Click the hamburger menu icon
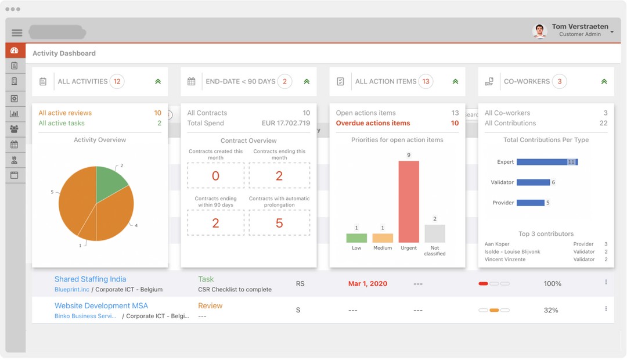pos(17,33)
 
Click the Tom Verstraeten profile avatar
pos(539,31)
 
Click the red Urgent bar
pos(409,201)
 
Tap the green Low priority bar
pos(356,237)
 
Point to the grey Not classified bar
pos(435,233)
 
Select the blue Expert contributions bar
pos(546,162)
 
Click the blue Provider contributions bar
pos(530,203)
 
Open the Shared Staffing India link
pos(90,279)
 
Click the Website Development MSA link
pos(101,305)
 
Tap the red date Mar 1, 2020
pos(367,284)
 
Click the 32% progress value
pos(551,310)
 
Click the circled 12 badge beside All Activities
pos(117,82)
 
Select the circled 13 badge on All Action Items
pos(426,82)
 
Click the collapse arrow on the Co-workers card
pos(604,82)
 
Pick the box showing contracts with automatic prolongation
pos(279,223)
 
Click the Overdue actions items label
pos(373,123)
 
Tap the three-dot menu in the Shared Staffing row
pos(606,282)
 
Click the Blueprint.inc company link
pos(72,289)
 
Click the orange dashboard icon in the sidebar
pos(15,51)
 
